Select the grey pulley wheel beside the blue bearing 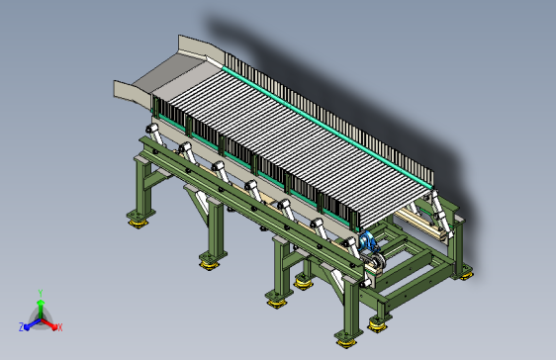pyautogui.click(x=378, y=261)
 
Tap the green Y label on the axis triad pyautogui.click(x=41, y=293)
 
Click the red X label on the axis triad pyautogui.click(x=60, y=327)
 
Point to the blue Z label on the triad pyautogui.click(x=21, y=327)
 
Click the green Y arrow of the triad pyautogui.click(x=41, y=309)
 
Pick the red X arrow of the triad pyautogui.click(x=48, y=323)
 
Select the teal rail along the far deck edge pyautogui.click(x=326, y=126)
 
